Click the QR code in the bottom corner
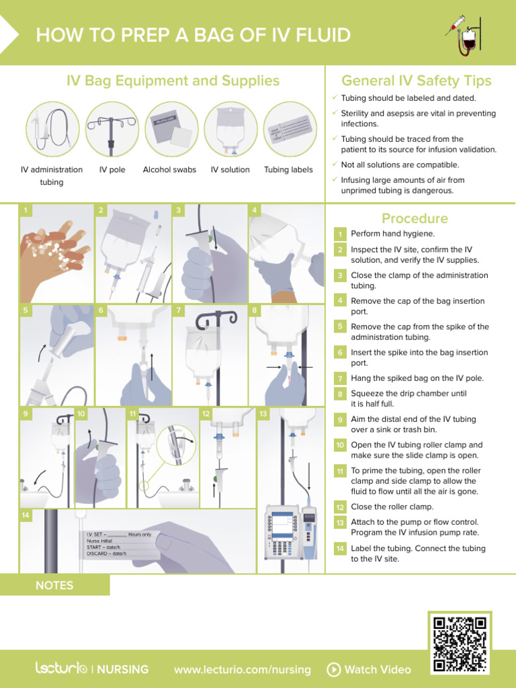pos(460,644)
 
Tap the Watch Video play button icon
pos(333,669)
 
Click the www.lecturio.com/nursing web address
pos(242,669)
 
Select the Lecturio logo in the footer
pos(61,669)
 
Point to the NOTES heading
pos(54,585)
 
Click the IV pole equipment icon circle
pos(112,129)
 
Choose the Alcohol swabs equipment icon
pos(171,129)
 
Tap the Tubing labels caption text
pos(288,170)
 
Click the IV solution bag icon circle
pos(230,129)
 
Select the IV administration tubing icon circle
pos(52,129)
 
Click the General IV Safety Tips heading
pos(417,81)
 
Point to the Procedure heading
pos(415,218)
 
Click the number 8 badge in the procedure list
pos(341,394)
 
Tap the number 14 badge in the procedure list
pos(341,549)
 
